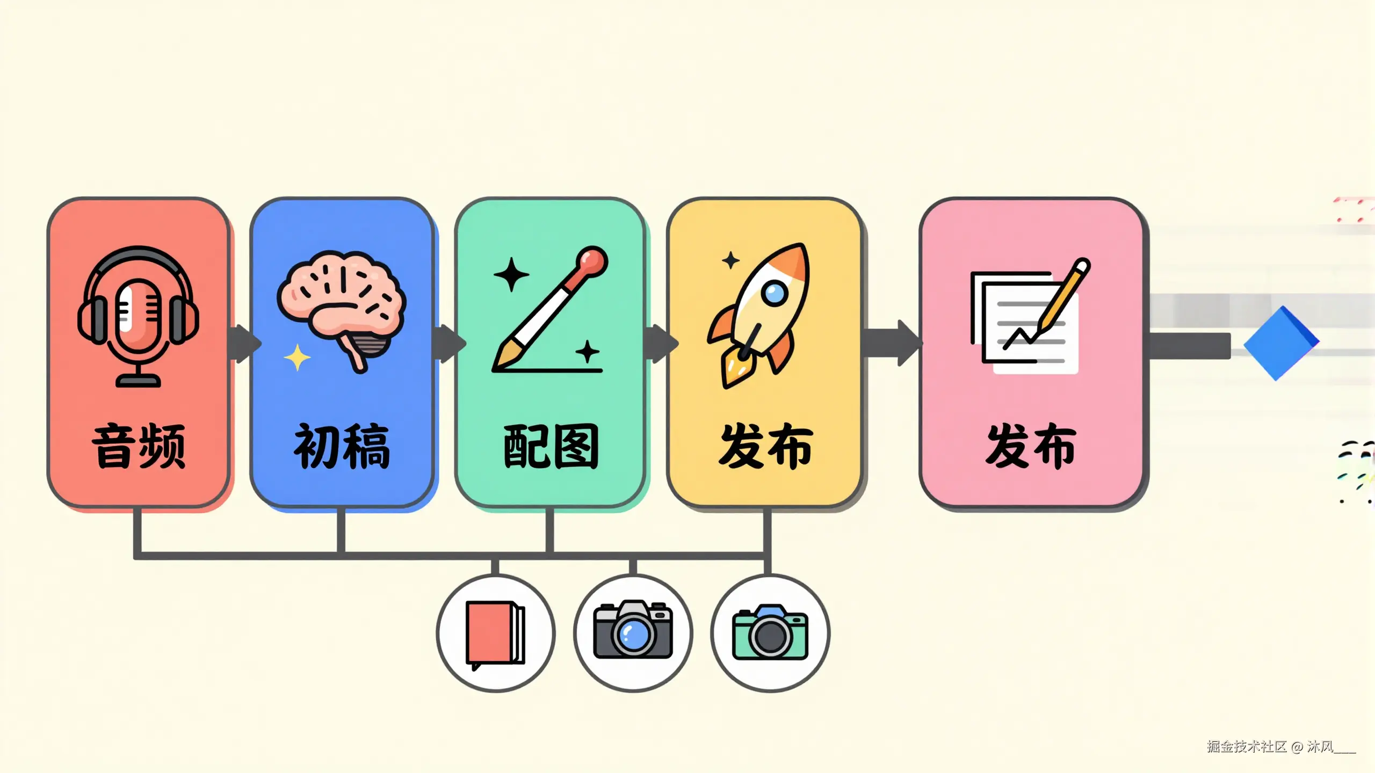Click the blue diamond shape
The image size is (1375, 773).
pyautogui.click(x=1280, y=342)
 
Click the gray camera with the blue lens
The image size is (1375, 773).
pyautogui.click(x=633, y=630)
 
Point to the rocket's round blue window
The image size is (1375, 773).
pyautogui.click(x=775, y=293)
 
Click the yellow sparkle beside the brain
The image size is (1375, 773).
pyautogui.click(x=297, y=358)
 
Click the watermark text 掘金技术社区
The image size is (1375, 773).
pyautogui.click(x=1246, y=747)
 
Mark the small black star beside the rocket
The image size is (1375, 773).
pyautogui.click(x=730, y=261)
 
